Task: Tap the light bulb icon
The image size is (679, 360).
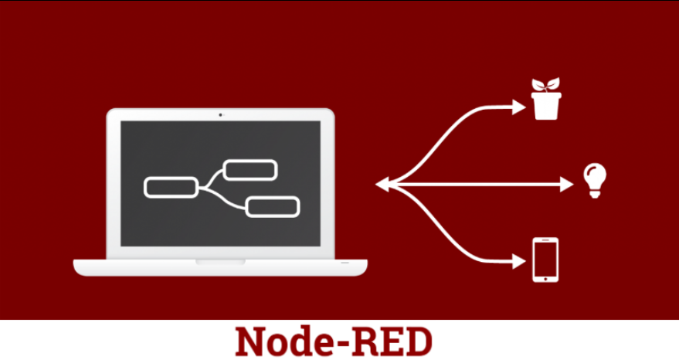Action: tap(593, 180)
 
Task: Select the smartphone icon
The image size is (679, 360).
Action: tap(545, 260)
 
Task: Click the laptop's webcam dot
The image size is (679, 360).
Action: tap(220, 114)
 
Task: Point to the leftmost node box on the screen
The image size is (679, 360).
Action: tap(171, 187)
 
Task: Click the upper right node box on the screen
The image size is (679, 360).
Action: tap(250, 170)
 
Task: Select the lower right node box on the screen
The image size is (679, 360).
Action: tap(272, 207)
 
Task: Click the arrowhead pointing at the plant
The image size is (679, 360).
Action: tap(520, 107)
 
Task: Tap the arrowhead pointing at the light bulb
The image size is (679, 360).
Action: tap(569, 184)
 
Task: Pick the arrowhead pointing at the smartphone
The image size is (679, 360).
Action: tap(520, 261)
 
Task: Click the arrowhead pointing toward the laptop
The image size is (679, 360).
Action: tap(382, 184)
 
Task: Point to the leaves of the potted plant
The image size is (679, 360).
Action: tap(546, 84)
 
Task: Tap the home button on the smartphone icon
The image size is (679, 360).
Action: tap(545, 277)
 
